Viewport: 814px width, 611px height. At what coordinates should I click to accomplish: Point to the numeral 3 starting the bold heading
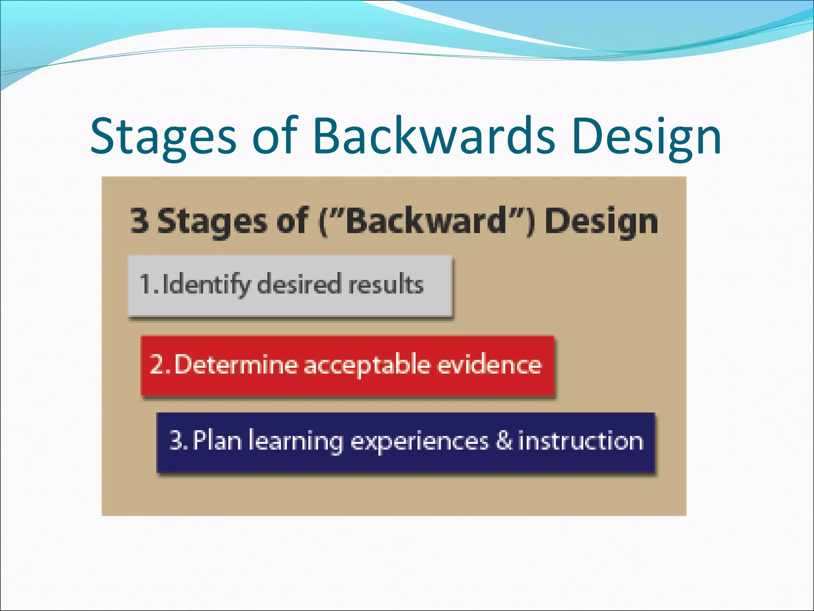click(140, 221)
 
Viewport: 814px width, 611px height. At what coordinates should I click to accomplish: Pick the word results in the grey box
click(386, 284)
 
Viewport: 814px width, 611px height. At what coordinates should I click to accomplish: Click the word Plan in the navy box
click(217, 441)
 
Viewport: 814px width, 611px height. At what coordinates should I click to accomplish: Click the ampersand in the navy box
click(504, 441)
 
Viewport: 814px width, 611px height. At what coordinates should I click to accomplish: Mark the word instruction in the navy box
click(581, 441)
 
